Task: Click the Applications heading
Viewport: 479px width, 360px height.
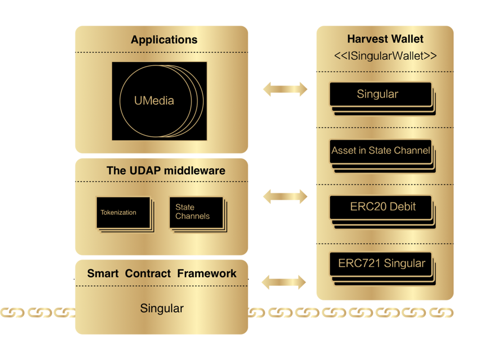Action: [164, 40]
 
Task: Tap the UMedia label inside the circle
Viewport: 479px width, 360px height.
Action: [154, 100]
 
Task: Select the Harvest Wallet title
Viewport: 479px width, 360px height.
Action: [385, 39]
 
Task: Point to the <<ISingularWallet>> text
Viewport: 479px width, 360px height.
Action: [385, 56]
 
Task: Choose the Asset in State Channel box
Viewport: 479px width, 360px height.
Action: [381, 151]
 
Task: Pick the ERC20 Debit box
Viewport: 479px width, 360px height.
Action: [381, 207]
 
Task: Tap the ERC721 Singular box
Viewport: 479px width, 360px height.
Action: [381, 264]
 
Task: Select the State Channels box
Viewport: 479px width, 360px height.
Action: [196, 212]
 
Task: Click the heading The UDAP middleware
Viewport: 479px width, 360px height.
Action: [166, 171]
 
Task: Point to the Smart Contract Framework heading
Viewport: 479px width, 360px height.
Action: [161, 274]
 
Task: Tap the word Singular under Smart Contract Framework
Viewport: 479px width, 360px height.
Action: [161, 309]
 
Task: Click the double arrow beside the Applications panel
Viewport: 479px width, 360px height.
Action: [285, 89]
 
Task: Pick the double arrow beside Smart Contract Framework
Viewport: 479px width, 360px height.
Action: [284, 282]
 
